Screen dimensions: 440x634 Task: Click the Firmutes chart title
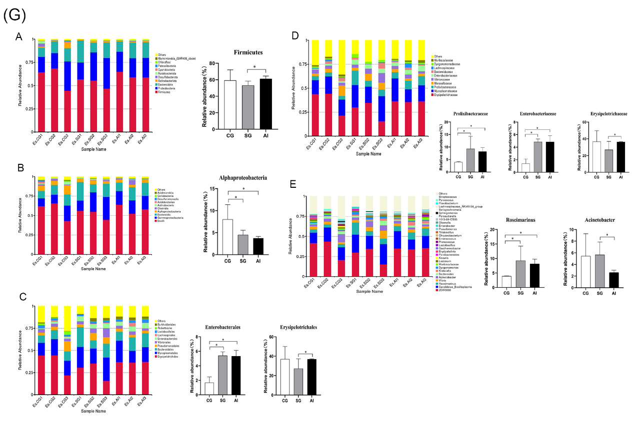point(249,52)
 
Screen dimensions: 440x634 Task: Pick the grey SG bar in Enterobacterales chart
point(221,375)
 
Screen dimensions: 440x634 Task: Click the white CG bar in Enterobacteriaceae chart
point(525,168)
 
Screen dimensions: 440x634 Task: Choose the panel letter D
point(295,36)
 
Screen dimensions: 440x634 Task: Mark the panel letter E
point(294,183)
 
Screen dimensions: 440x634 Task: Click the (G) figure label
point(14,15)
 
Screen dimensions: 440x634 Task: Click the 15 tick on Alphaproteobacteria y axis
point(213,189)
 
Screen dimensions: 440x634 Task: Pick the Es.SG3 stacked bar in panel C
point(106,350)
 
